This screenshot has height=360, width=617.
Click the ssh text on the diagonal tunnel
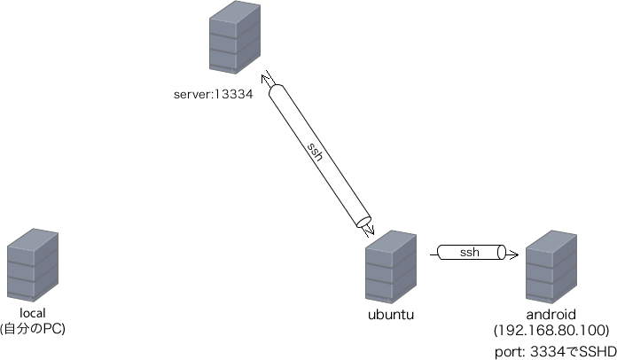click(315, 152)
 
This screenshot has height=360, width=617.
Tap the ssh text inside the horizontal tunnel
click(469, 254)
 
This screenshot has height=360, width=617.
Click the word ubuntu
click(391, 316)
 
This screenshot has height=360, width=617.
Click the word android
click(551, 315)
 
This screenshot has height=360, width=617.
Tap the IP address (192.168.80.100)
click(552, 330)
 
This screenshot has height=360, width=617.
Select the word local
click(32, 314)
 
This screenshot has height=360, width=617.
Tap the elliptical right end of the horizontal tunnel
click(502, 254)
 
